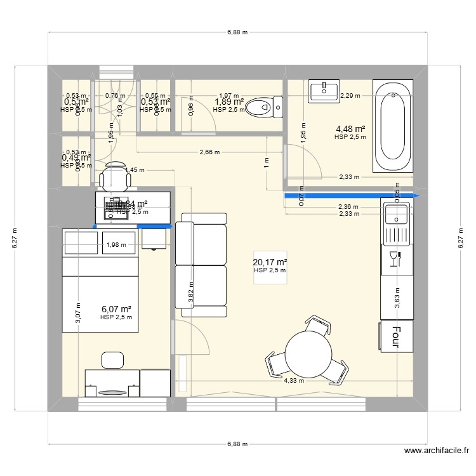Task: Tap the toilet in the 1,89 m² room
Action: (x=264, y=107)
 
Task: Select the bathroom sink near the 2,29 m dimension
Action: (x=324, y=91)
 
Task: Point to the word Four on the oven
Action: (x=396, y=337)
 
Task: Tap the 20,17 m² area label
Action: (x=270, y=262)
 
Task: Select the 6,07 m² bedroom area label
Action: (x=116, y=309)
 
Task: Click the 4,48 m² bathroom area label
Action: (x=350, y=128)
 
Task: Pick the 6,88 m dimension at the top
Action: (x=238, y=32)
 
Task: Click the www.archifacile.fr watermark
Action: (x=436, y=451)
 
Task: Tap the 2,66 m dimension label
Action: (x=209, y=152)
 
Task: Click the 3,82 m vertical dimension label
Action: (x=192, y=292)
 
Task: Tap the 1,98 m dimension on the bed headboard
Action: (x=117, y=244)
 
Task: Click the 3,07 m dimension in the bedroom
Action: (x=78, y=314)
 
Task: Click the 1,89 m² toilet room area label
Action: (x=229, y=102)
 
